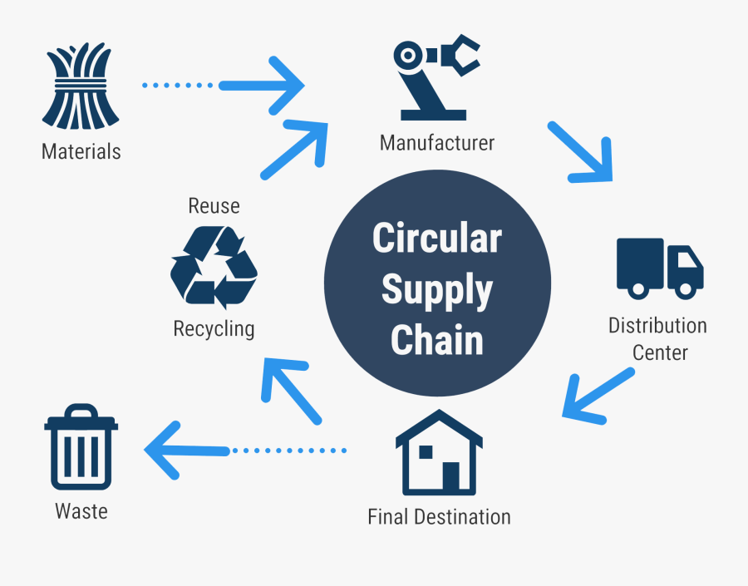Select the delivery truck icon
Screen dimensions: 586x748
(x=660, y=268)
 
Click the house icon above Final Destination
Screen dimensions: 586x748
(x=439, y=453)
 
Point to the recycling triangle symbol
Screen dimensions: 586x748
(x=214, y=267)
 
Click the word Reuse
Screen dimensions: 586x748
(x=214, y=205)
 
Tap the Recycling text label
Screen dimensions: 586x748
(x=214, y=328)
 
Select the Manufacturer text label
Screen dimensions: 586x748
(x=436, y=143)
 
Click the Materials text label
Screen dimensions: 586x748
(x=81, y=152)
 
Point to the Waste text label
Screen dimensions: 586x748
(x=81, y=510)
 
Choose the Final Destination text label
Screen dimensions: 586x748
(x=439, y=517)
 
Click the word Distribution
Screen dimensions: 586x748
(x=657, y=325)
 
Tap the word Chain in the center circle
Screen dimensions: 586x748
(x=437, y=341)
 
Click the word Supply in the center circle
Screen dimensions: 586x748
(x=437, y=290)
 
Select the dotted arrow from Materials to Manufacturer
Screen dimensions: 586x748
(x=224, y=85)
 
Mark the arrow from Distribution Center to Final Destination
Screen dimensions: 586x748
(x=597, y=394)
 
